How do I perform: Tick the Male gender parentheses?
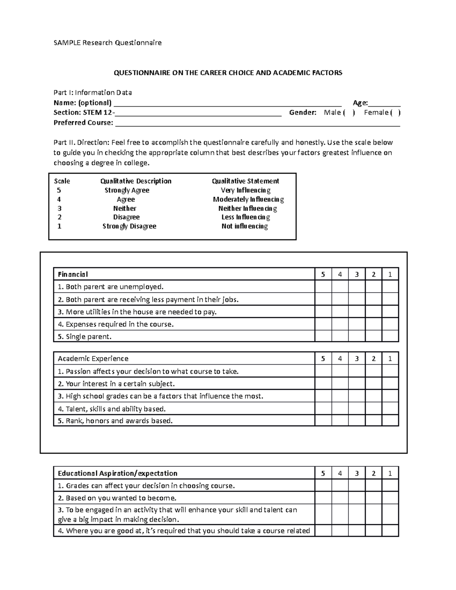(349, 112)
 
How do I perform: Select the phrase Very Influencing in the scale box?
(245, 190)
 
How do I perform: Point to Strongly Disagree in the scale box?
(129, 226)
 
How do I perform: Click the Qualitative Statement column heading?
(245, 181)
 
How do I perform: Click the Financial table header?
(73, 274)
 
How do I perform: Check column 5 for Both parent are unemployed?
(323, 287)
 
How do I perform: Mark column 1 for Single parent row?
(390, 337)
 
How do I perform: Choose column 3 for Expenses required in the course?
(357, 324)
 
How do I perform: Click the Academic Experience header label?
(93, 359)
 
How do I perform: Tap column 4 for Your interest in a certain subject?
(340, 384)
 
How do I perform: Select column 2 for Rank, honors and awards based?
(374, 421)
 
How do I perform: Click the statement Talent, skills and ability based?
(112, 409)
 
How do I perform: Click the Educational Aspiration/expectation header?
(117, 473)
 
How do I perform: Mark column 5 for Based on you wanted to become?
(323, 498)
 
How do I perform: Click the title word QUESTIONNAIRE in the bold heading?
(142, 73)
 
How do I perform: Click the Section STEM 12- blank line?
(198, 114)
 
